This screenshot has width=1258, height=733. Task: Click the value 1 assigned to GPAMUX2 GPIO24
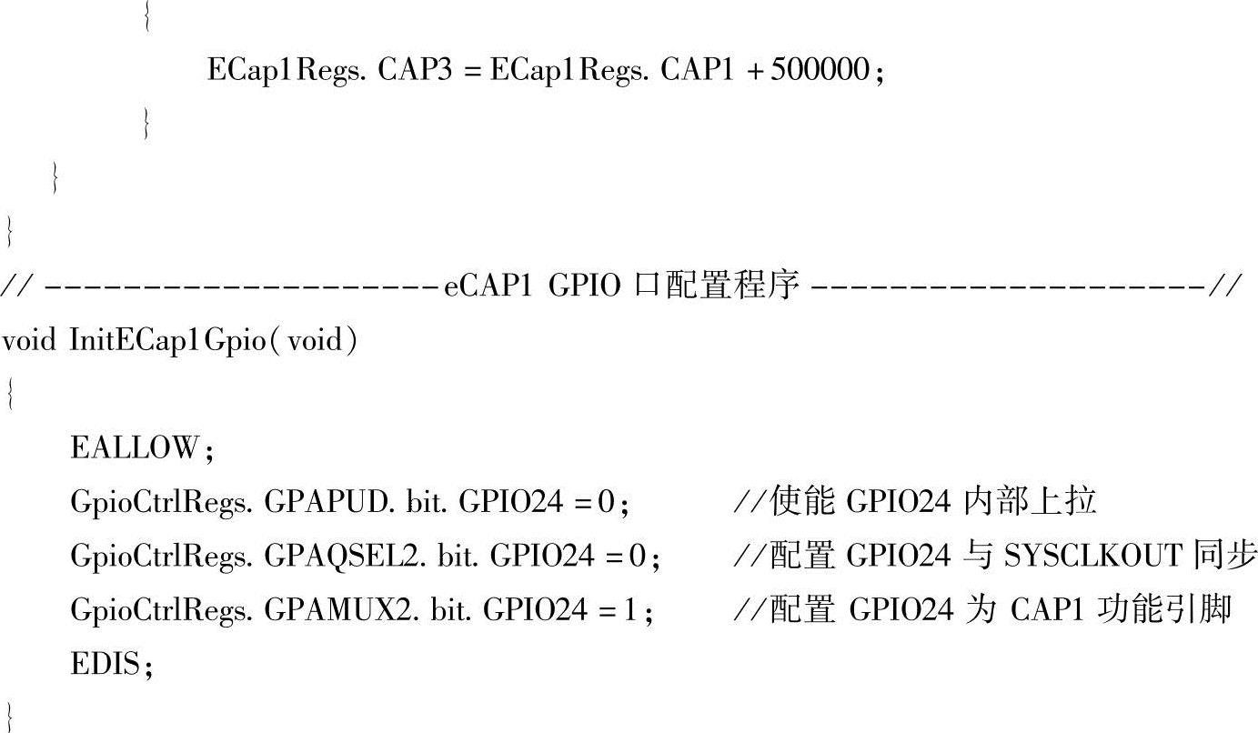pos(631,610)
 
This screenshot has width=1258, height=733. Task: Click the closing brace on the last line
pos(9,716)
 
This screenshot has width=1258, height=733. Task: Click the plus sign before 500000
pos(754,71)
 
